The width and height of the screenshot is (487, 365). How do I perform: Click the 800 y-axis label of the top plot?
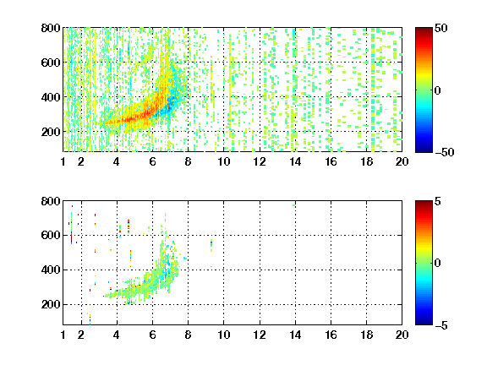[51, 28]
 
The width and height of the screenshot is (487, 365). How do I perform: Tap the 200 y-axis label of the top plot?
[51, 132]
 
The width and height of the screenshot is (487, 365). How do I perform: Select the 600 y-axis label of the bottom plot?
[51, 235]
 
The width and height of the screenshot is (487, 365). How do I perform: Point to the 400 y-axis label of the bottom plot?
[51, 270]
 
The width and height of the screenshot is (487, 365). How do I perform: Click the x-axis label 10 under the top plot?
[223, 161]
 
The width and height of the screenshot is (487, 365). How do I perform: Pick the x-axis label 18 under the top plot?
[366, 161]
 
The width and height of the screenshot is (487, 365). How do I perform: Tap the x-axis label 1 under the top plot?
[63, 161]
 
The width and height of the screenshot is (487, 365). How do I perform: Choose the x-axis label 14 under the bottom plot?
[295, 335]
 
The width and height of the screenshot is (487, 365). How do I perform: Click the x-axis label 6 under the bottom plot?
[152, 335]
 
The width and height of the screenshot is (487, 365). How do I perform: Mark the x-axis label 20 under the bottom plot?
[402, 335]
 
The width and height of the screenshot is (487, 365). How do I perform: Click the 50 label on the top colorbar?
[440, 28]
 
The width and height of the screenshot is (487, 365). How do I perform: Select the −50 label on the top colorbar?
[445, 152]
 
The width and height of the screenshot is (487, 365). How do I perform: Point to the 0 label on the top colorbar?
[438, 90]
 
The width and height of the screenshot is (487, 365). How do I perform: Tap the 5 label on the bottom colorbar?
[438, 201]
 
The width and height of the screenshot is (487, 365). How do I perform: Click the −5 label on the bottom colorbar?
[441, 325]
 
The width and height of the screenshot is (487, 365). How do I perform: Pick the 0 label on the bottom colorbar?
[438, 264]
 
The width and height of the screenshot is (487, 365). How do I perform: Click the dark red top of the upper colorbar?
[424, 30]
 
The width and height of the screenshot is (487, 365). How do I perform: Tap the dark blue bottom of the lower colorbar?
[424, 322]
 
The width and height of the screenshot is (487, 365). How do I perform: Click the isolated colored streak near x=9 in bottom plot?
[211, 245]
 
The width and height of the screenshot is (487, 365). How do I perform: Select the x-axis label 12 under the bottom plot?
[260, 335]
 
